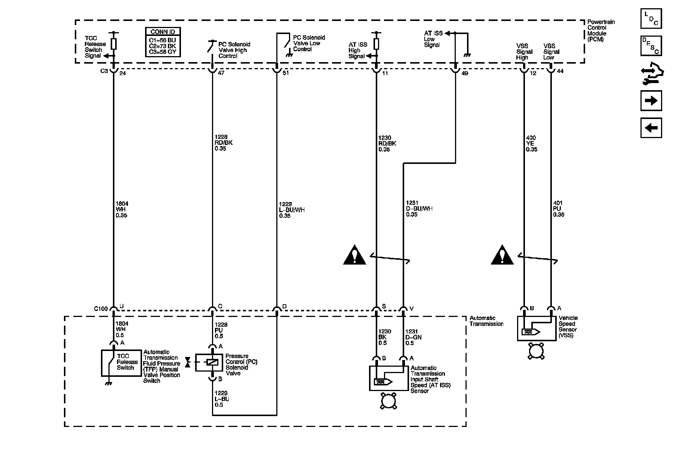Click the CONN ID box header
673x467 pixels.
point(163,32)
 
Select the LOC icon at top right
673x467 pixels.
point(651,18)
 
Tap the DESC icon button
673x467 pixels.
point(651,46)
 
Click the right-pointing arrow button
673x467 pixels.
point(651,101)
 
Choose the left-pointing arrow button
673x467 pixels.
point(651,128)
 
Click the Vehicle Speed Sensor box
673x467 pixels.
point(537,329)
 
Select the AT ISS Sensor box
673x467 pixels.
point(389,378)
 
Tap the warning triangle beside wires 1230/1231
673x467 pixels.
point(354,255)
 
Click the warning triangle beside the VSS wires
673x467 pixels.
point(503,255)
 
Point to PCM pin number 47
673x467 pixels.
point(221,73)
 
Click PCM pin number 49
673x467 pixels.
point(464,73)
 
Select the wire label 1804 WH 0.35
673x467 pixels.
point(122,210)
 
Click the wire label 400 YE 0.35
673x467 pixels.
point(531,143)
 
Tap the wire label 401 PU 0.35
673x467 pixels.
point(558,209)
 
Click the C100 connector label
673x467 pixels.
point(101,309)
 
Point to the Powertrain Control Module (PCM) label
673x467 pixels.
point(600,31)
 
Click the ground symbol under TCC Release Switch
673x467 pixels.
point(109,383)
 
